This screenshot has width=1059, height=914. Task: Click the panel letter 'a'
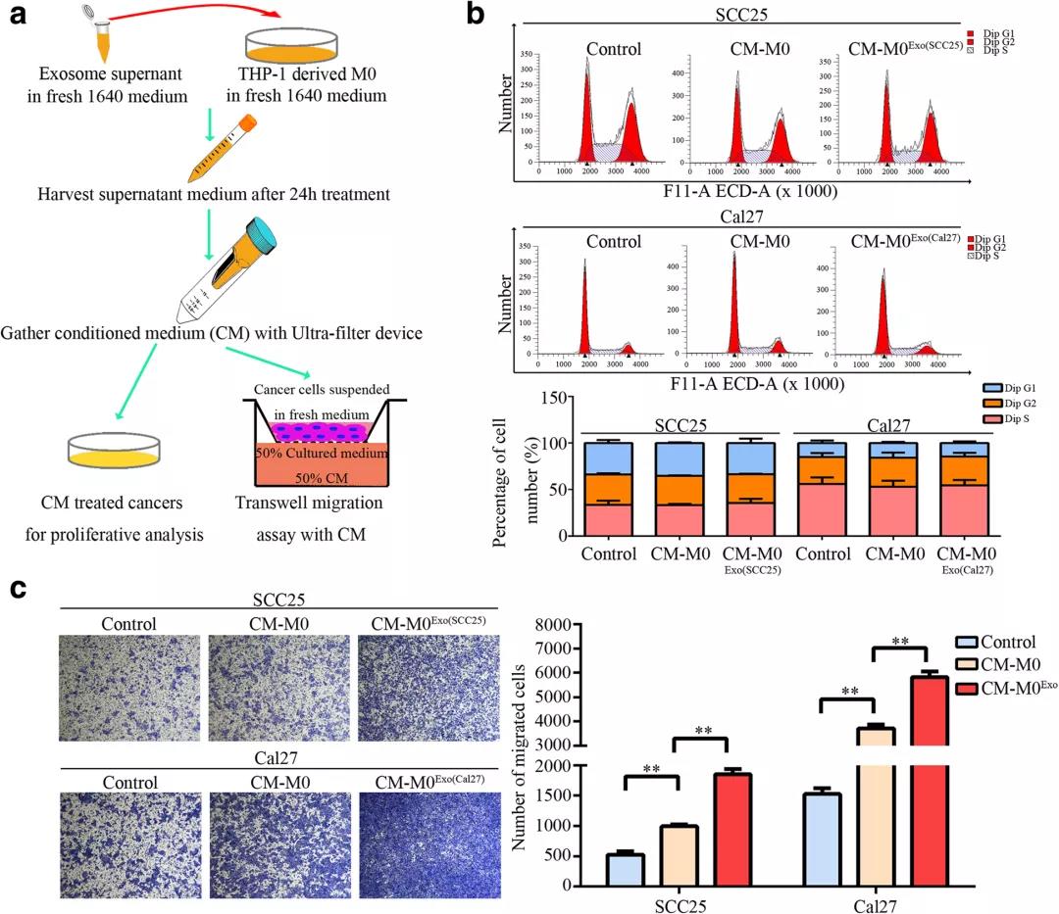coord(17,17)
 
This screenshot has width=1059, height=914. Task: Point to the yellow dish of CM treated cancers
coord(115,454)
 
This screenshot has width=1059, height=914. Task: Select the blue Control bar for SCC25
coord(625,868)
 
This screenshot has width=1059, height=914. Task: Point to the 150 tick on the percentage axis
coord(558,396)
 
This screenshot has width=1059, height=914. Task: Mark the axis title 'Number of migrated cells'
coord(527,754)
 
